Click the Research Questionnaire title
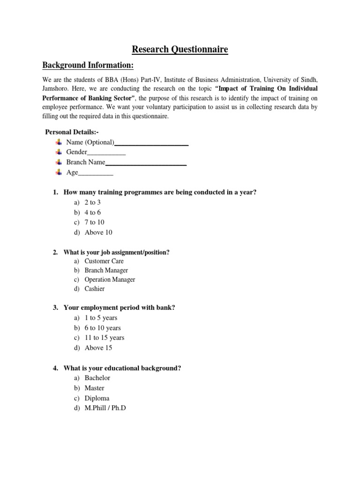click(180, 49)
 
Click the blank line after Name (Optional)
click(151, 143)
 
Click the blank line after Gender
click(106, 153)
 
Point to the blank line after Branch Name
click(146, 163)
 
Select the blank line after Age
click(96, 173)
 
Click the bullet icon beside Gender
click(59, 152)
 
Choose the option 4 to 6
click(93, 212)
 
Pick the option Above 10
click(98, 232)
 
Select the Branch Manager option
click(106, 270)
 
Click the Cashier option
click(95, 289)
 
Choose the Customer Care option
click(104, 261)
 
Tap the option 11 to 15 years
click(105, 337)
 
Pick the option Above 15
click(98, 348)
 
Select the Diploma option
click(97, 398)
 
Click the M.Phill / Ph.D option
click(105, 408)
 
